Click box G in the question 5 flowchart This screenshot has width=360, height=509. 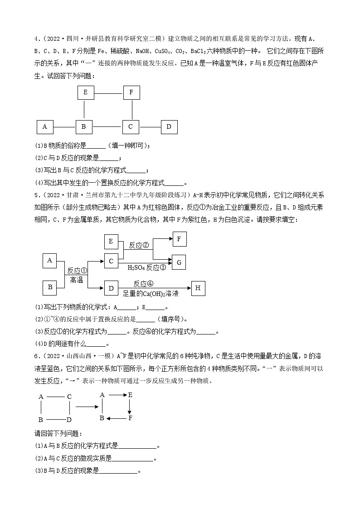point(179,262)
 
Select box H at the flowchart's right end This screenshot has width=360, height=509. point(199,288)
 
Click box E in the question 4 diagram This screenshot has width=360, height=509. point(85,92)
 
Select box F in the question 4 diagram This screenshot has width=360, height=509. point(131,92)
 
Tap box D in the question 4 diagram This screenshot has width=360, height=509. point(169,127)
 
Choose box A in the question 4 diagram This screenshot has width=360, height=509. point(44,127)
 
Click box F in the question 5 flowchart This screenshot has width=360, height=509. point(179,239)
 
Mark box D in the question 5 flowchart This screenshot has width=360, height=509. point(111,288)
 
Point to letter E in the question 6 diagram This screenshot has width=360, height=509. point(130,395)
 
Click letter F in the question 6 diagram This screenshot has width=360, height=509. point(130,418)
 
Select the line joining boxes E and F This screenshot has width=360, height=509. point(108,93)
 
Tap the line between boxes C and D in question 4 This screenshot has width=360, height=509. point(150,127)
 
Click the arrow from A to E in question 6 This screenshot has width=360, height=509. point(116,395)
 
